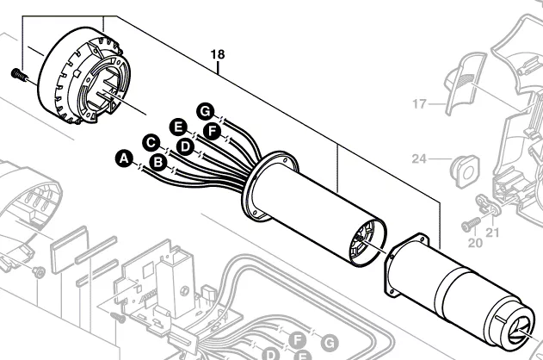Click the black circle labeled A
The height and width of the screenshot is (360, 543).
click(x=124, y=158)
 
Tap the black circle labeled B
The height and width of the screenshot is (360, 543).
click(x=157, y=161)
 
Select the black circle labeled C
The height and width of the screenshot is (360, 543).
click(x=150, y=141)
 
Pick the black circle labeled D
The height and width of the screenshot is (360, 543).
click(x=183, y=146)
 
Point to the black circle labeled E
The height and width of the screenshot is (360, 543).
click(x=178, y=127)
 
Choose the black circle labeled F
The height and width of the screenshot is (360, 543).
click(x=212, y=132)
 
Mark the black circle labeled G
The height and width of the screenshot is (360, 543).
click(x=204, y=110)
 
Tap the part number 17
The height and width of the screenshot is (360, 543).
click(x=419, y=104)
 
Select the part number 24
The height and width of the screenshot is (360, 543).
click(x=419, y=158)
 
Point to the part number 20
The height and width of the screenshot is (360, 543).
click(x=475, y=242)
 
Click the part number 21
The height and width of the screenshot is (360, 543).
click(x=493, y=233)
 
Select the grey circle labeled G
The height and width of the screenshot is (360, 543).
click(x=328, y=342)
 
